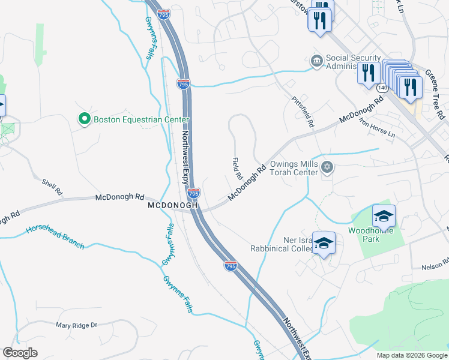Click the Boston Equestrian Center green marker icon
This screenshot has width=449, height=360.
[85, 119]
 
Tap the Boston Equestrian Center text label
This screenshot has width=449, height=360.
[141, 119]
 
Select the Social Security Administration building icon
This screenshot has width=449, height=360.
[316, 61]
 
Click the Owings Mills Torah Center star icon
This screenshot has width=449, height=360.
[327, 167]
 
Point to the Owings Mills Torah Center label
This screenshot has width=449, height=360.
[293, 168]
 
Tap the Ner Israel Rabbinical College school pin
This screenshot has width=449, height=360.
[324, 244]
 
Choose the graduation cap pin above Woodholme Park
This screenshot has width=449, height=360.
[384, 216]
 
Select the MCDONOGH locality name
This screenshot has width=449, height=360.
[173, 205]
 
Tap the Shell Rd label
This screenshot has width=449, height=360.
[52, 187]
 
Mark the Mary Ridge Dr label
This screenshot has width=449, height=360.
[76, 325]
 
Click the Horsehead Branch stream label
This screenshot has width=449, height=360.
[55, 237]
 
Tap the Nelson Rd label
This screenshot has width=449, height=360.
[435, 264]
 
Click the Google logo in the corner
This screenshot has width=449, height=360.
[20, 353]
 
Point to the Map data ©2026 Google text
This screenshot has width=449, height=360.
[411, 355]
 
